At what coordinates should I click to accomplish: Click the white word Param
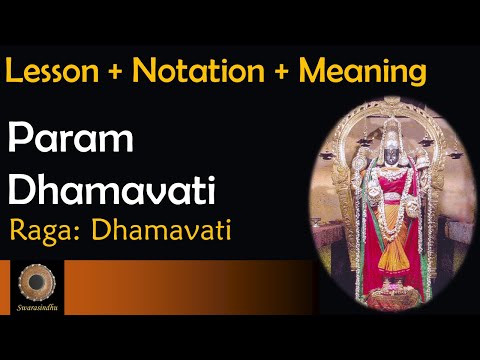tap(61, 139)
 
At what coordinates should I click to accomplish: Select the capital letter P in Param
tap(22, 139)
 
